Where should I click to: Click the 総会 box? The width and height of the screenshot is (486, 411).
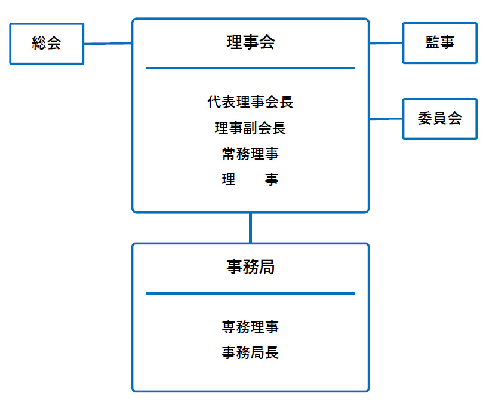tap(47, 44)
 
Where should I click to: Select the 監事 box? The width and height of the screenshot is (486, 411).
tap(440, 43)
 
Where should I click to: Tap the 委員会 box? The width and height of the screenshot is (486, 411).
tap(440, 119)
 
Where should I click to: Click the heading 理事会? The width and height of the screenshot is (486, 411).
tap(250, 42)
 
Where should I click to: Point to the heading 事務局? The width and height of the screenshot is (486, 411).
tap(250, 267)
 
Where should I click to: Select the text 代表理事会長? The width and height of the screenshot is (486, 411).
tap(250, 102)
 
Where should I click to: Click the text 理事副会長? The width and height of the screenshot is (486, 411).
tap(250, 128)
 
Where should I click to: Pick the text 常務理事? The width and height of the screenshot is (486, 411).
tap(250, 154)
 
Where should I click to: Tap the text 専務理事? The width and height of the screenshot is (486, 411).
tap(250, 327)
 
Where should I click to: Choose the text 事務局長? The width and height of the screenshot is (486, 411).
tap(250, 352)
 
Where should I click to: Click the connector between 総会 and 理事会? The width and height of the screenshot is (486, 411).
tap(107, 44)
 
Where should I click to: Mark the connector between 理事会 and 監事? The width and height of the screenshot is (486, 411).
tap(386, 43)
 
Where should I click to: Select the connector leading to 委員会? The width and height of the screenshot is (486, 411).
tap(386, 119)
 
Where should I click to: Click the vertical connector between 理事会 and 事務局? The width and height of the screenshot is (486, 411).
tap(250, 228)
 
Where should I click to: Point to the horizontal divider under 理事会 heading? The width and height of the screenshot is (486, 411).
tap(250, 68)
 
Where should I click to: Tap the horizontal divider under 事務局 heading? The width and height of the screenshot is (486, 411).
tap(250, 293)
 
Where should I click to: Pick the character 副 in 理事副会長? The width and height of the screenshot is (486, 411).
tap(250, 128)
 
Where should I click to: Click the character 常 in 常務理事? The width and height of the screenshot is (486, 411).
tap(229, 154)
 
